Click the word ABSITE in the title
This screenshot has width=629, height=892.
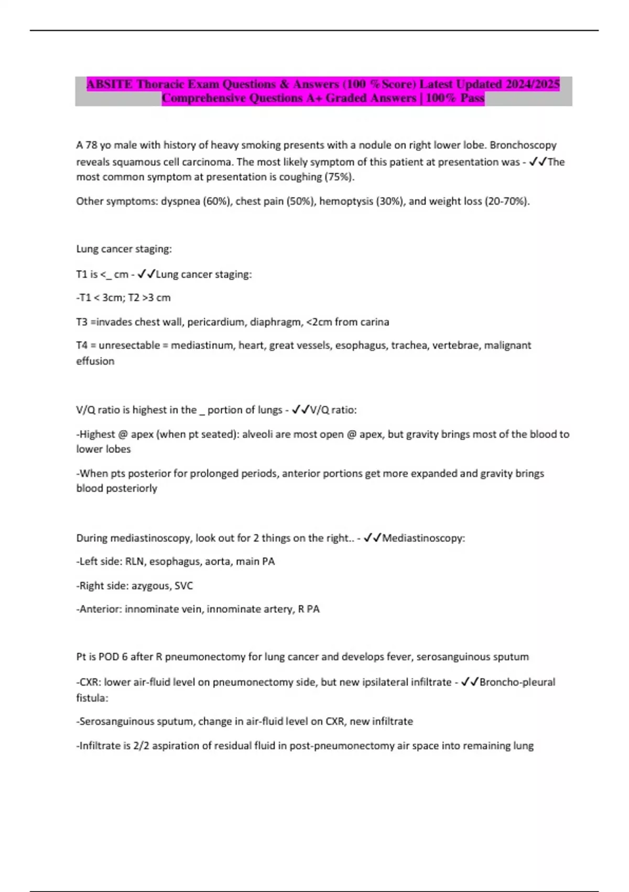point(109,84)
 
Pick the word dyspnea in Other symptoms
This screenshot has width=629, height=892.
point(180,201)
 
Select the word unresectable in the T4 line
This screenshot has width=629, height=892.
point(128,345)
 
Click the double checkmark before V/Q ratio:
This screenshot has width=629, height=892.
point(300,410)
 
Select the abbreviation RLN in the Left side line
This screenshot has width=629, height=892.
point(135,561)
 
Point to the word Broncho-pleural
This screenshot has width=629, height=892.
point(517,682)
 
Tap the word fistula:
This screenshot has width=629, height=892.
point(92,698)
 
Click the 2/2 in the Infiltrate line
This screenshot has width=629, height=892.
point(141,746)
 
